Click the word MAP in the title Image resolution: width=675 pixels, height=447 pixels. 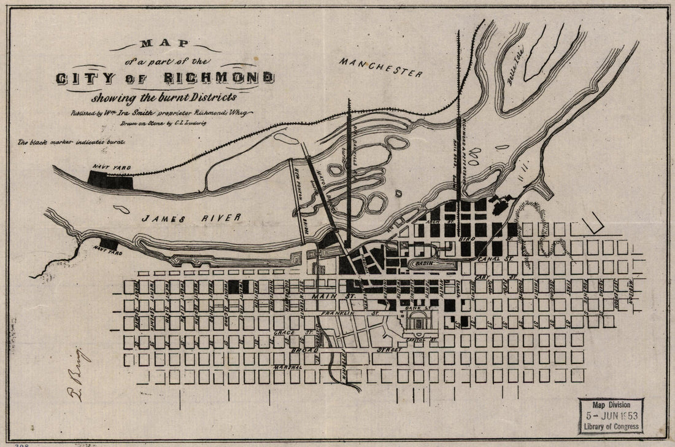coord(164,45)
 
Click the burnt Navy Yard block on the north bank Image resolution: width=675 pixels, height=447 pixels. coord(110,179)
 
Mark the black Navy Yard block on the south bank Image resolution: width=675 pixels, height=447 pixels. coord(109,244)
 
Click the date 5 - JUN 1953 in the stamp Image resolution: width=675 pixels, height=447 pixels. coord(610,415)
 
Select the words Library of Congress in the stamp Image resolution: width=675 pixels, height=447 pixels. coord(610,426)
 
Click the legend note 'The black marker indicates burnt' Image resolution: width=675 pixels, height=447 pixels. coord(71,142)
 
